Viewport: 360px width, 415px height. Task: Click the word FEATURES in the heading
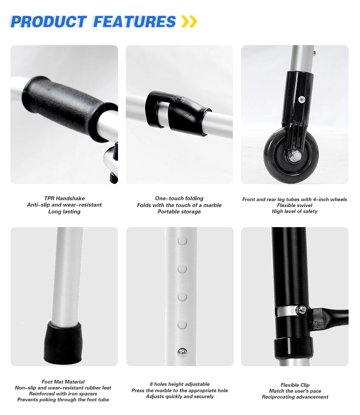click(x=134, y=21)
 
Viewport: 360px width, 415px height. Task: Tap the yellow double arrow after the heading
click(x=189, y=21)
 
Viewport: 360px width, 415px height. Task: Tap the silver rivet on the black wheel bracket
click(x=302, y=99)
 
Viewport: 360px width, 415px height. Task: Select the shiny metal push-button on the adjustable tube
click(x=182, y=353)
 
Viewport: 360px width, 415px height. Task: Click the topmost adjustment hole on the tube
click(x=182, y=241)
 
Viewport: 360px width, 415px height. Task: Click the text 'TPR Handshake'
click(x=64, y=198)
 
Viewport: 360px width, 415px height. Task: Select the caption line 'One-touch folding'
click(x=179, y=198)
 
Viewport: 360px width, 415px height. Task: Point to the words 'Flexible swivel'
click(x=295, y=205)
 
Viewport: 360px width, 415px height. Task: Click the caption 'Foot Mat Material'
click(x=63, y=382)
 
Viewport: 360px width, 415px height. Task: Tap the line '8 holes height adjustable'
click(x=180, y=384)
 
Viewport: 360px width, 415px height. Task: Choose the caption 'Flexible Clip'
click(x=295, y=385)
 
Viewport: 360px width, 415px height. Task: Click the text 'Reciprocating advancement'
click(x=295, y=397)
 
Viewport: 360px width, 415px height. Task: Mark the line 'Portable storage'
click(x=179, y=212)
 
